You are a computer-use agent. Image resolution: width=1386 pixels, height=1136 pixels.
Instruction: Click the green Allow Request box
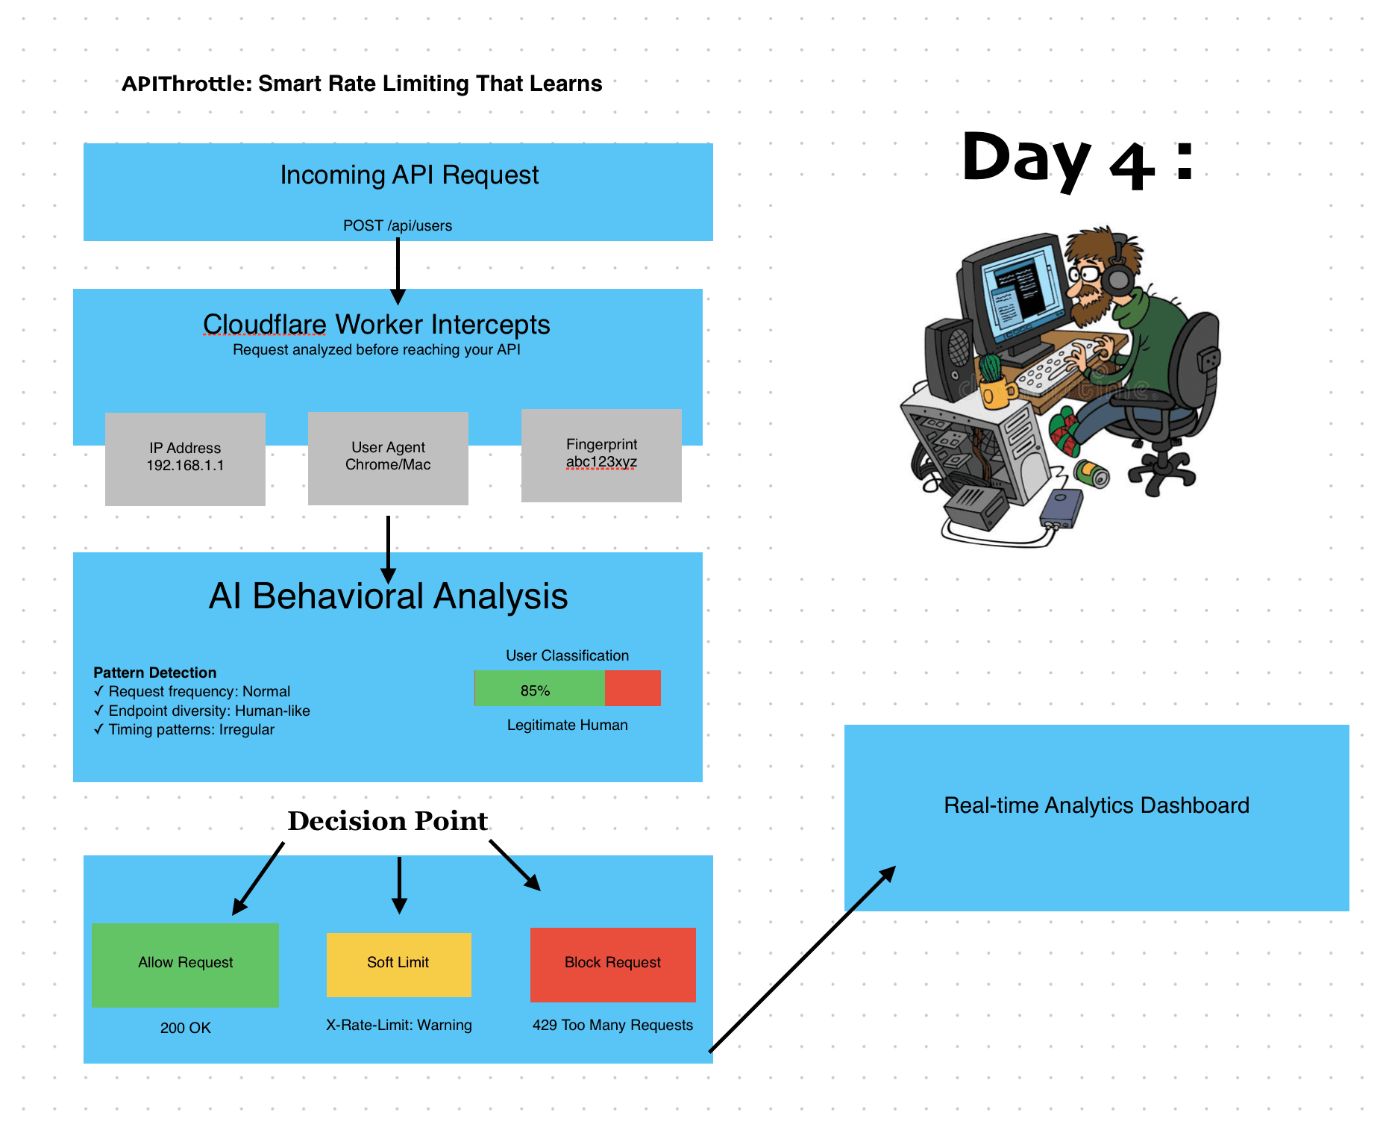185,965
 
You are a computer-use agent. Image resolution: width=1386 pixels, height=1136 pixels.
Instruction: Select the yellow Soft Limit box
398,964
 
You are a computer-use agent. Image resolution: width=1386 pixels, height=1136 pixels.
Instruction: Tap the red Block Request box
612,964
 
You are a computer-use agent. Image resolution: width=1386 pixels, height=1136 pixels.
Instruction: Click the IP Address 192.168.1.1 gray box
185,459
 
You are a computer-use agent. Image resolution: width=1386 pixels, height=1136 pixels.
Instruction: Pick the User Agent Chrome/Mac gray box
388,458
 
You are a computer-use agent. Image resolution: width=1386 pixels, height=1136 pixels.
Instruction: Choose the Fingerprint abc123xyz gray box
601,455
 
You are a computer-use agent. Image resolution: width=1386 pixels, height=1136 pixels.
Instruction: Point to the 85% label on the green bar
535,690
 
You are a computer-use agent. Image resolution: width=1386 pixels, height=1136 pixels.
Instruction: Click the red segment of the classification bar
633,688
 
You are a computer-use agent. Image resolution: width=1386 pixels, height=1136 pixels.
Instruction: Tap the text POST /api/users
398,225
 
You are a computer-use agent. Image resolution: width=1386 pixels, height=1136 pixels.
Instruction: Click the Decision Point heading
388,820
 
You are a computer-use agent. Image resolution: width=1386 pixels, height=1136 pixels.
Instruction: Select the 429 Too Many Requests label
612,1025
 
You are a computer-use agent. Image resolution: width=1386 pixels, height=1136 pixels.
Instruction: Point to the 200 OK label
185,1028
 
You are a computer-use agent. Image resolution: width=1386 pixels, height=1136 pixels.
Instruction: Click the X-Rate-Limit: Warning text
399,1025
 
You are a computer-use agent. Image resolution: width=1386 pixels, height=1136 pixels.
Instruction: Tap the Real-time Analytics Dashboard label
1097,805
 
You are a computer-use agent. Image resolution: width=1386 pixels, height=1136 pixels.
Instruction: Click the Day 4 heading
1078,160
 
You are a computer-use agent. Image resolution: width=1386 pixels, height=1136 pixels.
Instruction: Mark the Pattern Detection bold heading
155,672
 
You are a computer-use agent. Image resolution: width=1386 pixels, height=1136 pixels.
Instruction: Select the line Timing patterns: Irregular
184,729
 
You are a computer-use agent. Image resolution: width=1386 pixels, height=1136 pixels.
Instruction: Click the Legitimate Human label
568,725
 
